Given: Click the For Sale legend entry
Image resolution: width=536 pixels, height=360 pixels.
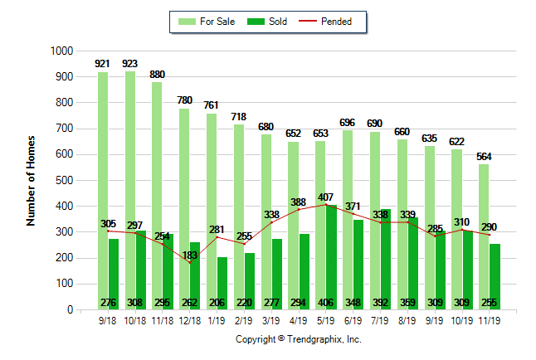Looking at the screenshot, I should pyautogui.click(x=208, y=22).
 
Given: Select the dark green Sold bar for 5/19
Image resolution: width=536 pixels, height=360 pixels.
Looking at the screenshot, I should pyautogui.click(x=331, y=257).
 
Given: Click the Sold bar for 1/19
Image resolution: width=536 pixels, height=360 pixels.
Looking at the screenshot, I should pyautogui.click(x=222, y=283).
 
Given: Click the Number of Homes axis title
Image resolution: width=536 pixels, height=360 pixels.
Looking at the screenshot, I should pyautogui.click(x=32, y=180).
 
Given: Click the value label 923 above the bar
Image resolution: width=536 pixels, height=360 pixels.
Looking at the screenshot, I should pyautogui.click(x=130, y=63).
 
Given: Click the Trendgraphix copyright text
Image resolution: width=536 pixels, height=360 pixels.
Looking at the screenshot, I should pyautogui.click(x=299, y=339).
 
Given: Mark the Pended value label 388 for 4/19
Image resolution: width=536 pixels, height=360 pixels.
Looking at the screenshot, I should pyautogui.click(x=299, y=202).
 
